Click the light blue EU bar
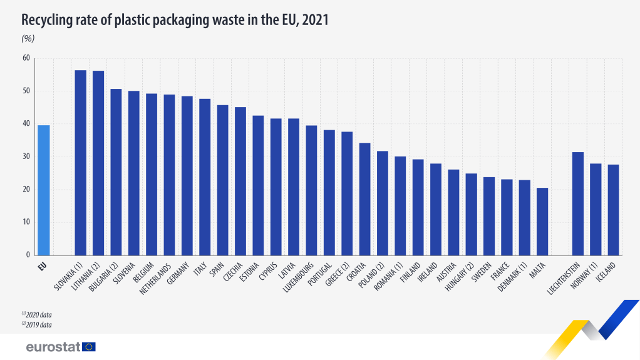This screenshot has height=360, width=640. [44, 190]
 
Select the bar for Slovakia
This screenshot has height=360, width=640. [81, 163]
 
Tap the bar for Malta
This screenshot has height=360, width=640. [542, 222]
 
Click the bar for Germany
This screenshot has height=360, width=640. [187, 175]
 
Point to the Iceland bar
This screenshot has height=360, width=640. [613, 210]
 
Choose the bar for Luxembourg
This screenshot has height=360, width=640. [311, 190]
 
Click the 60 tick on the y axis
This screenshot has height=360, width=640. [26, 58]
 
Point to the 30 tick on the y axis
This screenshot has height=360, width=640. [26, 157]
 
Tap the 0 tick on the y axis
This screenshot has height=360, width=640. [28, 255]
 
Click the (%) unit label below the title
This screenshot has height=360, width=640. [28, 38]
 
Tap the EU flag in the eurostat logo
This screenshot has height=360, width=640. [88, 346]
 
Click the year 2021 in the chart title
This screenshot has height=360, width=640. [315, 20]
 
